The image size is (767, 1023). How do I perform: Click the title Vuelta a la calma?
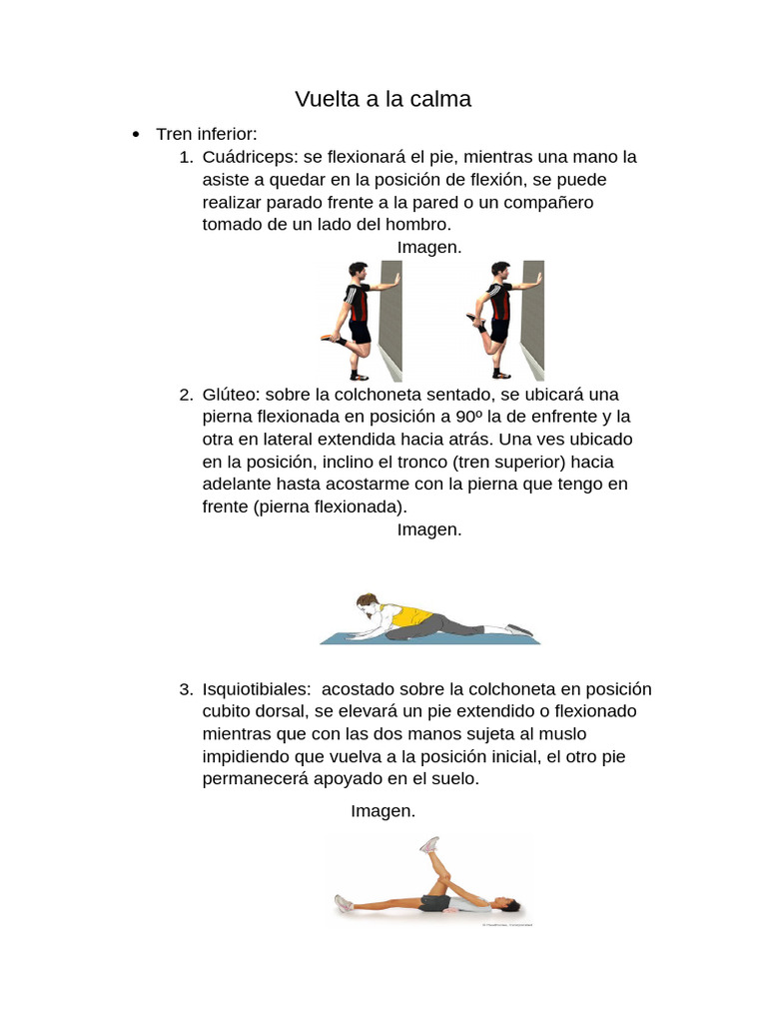point(383,100)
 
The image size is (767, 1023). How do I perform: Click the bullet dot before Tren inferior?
point(135,135)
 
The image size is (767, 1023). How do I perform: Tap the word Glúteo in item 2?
point(231,394)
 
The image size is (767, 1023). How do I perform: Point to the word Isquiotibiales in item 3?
point(254,689)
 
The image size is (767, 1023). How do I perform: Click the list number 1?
point(185,157)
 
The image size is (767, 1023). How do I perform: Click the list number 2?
point(185,394)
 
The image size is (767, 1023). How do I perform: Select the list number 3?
point(185,689)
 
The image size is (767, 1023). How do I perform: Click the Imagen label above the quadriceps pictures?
point(429,247)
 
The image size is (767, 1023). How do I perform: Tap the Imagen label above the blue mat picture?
point(429,529)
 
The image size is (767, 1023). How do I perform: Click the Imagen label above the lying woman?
point(383,811)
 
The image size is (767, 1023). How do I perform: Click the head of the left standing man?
point(357,272)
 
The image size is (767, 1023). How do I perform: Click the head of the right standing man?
point(499,272)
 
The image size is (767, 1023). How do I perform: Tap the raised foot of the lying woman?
point(429,845)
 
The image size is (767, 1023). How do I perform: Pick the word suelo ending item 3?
point(454,779)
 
